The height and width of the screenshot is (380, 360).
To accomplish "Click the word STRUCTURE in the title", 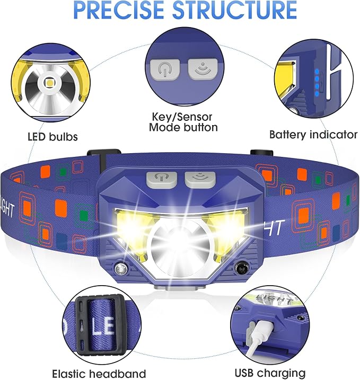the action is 234,10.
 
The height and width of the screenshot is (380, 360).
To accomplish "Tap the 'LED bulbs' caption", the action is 52,137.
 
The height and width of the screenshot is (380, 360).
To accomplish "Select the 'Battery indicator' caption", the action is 313,135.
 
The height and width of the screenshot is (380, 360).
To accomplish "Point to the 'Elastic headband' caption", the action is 99,374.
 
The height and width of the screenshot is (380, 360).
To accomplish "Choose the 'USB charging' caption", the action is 270,373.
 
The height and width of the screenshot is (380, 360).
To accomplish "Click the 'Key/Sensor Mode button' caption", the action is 183,122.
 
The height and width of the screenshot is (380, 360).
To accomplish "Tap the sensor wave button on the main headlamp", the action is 200,180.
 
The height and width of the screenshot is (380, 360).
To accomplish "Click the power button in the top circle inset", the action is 165,69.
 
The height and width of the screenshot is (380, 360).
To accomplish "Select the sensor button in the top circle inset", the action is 203,69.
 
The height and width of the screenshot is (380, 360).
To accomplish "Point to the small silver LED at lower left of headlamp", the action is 120,269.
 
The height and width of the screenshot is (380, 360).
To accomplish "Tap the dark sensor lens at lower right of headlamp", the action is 241,268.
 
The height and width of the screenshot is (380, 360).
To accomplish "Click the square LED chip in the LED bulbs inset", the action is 49,83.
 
